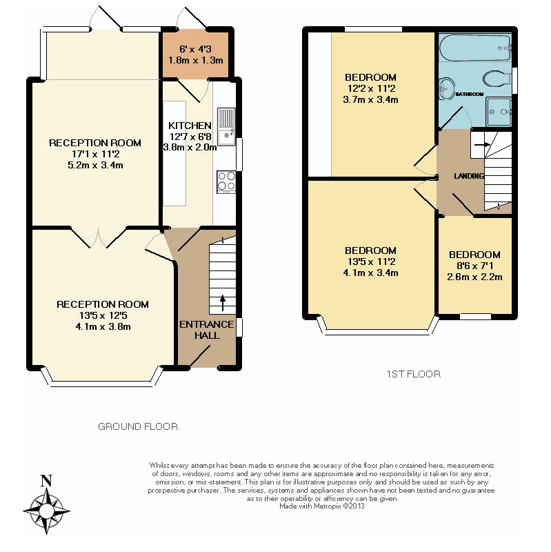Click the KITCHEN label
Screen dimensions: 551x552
pyautogui.click(x=190, y=126)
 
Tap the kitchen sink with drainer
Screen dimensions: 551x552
pyautogui.click(x=226, y=127)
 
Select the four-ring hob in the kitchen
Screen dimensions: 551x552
pyautogui.click(x=226, y=181)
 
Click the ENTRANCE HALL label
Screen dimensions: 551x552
pyautogui.click(x=206, y=330)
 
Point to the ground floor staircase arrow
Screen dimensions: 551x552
pyautogui.click(x=222, y=303)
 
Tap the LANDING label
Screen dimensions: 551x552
pyautogui.click(x=469, y=176)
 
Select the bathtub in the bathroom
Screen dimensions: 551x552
pyautogui.click(x=476, y=48)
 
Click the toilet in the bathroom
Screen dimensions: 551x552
pyautogui.click(x=497, y=79)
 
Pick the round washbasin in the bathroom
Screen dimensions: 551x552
pyautogui.click(x=446, y=88)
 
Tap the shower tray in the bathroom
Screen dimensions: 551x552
pyautogui.click(x=499, y=112)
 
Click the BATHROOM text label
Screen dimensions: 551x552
pyautogui.click(x=470, y=95)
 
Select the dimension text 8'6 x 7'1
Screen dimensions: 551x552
pyautogui.click(x=474, y=266)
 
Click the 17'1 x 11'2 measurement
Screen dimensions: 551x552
pyautogui.click(x=96, y=154)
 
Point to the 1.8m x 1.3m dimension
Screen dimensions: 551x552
pyautogui.click(x=196, y=60)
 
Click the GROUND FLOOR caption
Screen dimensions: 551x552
pyautogui.click(x=138, y=426)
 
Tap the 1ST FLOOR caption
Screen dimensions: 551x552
pyautogui.click(x=414, y=374)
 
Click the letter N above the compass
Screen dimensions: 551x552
pyautogui.click(x=47, y=481)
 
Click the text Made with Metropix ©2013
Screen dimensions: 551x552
pyautogui.click(x=322, y=506)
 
